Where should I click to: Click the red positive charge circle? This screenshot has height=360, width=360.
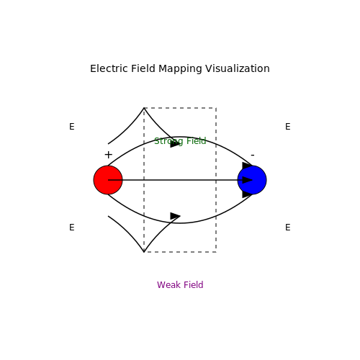[108, 180]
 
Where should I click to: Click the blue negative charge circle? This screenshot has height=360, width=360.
[252, 180]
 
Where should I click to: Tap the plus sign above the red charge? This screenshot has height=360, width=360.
[109, 155]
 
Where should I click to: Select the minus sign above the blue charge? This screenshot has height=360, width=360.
[253, 156]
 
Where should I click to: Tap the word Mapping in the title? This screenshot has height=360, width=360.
[180, 69]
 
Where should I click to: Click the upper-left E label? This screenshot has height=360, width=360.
[72, 127]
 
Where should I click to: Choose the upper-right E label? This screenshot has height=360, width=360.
[288, 127]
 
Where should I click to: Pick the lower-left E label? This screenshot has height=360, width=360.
[72, 228]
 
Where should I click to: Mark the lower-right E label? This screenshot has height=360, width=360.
[288, 228]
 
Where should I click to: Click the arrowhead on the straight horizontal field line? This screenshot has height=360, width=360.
[247, 180]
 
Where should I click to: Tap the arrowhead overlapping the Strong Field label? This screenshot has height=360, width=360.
[175, 144]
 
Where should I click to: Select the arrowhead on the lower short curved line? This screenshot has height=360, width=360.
[175, 216]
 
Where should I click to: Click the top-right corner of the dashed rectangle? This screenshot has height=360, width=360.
[216, 108]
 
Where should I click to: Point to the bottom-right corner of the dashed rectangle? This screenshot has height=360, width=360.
[216, 252]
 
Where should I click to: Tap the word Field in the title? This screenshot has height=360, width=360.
[143, 68]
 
